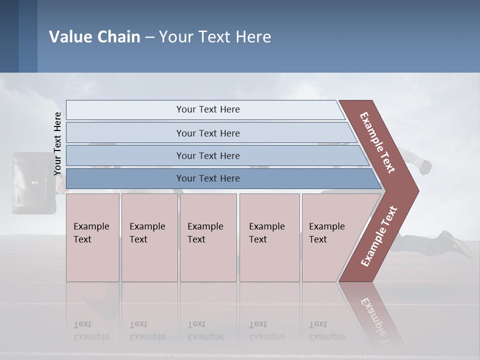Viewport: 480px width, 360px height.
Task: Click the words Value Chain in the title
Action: coord(94,37)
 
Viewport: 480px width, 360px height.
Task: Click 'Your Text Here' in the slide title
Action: coord(214,37)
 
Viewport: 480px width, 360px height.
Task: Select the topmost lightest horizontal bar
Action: coord(207,109)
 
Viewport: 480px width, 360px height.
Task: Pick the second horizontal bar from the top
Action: coord(207,133)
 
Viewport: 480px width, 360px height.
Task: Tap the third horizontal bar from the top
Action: coord(207,155)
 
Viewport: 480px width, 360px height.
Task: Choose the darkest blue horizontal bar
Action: coord(207,178)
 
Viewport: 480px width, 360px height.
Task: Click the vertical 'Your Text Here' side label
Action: coord(57,143)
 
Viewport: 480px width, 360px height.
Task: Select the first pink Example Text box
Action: coord(92,237)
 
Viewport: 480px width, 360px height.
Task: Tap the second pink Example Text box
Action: coord(149,237)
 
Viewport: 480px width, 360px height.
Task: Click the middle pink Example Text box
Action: coord(208,237)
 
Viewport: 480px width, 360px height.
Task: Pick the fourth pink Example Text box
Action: coord(269,237)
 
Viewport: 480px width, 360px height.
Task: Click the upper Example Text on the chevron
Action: coord(377,142)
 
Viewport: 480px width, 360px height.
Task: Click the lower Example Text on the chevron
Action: coord(379,236)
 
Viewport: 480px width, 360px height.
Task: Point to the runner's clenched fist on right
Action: coord(424,167)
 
